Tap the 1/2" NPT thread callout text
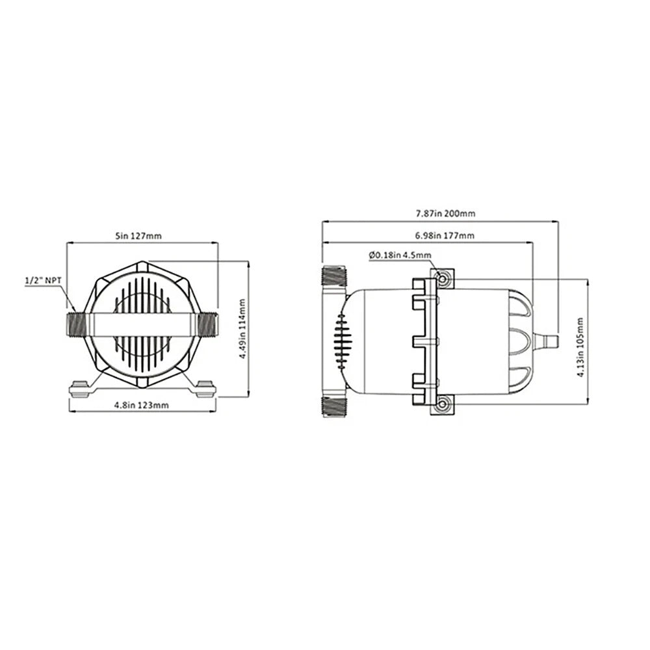tap(44, 281)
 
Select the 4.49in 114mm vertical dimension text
tap(242, 329)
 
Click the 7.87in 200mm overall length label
tap(440, 213)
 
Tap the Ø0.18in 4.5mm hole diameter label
tap(399, 255)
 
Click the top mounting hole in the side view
tap(443, 279)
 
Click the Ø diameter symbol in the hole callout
tap(371, 255)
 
